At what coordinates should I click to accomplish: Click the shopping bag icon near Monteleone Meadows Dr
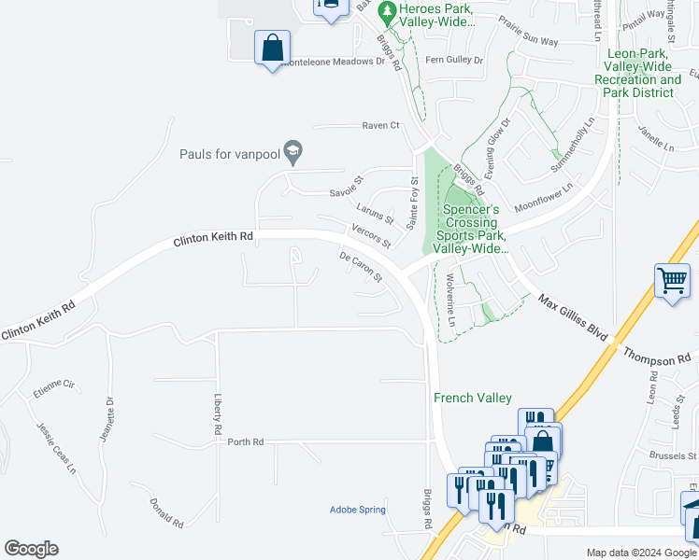click(x=272, y=48)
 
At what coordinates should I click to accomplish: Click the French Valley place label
click(x=473, y=398)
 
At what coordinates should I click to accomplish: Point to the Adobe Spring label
click(x=358, y=510)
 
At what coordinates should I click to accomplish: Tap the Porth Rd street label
click(x=246, y=441)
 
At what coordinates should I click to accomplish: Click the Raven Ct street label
click(x=381, y=125)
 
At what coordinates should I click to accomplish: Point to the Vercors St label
click(x=371, y=236)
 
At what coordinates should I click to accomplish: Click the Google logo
click(x=31, y=548)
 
